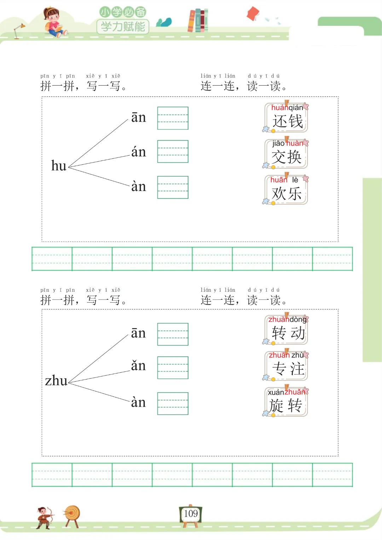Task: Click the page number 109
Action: point(191,513)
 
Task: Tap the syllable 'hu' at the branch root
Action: point(59,166)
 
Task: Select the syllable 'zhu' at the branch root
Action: point(56,381)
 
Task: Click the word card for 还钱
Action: point(286,118)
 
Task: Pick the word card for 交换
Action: point(286,154)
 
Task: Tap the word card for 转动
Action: point(286,330)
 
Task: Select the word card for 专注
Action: point(286,366)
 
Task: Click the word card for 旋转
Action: point(286,402)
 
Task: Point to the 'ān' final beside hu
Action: point(138,117)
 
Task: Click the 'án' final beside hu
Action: point(138,152)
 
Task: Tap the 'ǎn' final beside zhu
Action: point(138,366)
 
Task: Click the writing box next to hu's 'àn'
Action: point(173,187)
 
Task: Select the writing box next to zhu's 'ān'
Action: point(173,334)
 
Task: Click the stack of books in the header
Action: point(198,20)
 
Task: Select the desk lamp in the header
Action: point(18,30)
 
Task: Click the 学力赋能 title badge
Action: point(123,27)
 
